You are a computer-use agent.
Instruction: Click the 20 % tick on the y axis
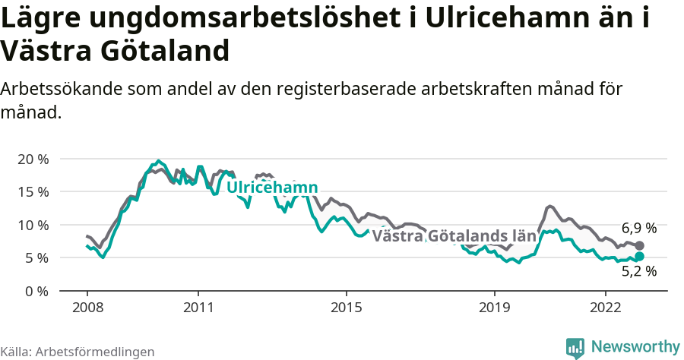32,159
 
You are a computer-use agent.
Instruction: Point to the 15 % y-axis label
32,192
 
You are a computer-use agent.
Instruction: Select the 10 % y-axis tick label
32,226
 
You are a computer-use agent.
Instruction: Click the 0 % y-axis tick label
36,292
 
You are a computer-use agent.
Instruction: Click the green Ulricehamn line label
272,188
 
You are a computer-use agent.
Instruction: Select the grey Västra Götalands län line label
454,235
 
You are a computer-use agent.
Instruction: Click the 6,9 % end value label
638,228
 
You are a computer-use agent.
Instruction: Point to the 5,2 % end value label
638,270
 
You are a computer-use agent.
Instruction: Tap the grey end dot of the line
639,245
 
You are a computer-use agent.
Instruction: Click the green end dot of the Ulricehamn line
639,257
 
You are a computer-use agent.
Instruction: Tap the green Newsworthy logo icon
575,348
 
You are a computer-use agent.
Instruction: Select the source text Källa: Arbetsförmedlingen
78,352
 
